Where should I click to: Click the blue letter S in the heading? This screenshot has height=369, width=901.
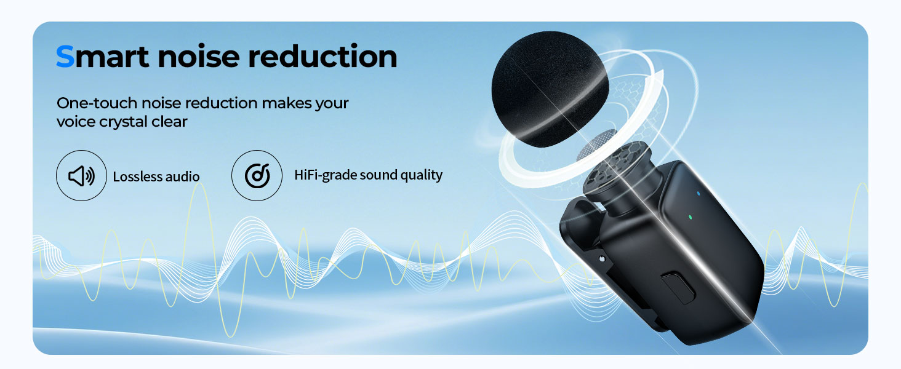(65, 57)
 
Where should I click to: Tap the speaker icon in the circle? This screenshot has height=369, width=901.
(81, 176)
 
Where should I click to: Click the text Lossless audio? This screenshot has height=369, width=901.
(156, 177)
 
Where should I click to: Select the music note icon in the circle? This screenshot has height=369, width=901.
(257, 176)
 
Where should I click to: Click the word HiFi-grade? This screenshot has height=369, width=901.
(324, 175)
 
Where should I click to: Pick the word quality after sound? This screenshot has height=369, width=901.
(422, 175)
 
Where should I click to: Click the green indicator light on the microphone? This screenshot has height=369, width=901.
(692, 217)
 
